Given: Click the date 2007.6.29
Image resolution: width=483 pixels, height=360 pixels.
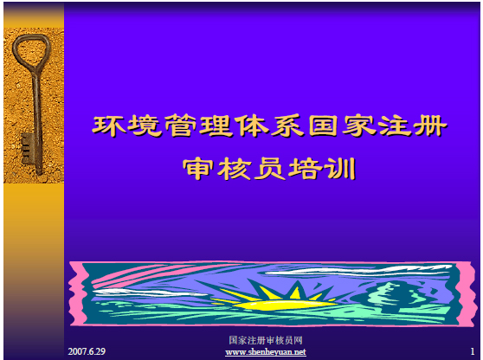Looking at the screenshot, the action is point(87,351).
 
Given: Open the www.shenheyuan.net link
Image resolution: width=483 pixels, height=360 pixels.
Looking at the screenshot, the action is point(266,352).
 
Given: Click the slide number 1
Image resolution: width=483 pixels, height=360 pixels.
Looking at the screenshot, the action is point(473,351).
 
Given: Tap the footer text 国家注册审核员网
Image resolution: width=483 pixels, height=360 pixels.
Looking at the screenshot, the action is point(266,340).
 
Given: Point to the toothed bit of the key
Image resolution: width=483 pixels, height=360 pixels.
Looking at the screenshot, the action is point(27,149).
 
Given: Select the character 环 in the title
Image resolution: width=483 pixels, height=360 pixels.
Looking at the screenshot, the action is point(109,125).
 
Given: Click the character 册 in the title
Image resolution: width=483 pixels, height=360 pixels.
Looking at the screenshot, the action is point(430,125).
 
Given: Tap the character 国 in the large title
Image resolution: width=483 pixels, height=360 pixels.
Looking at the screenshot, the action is point(323,125).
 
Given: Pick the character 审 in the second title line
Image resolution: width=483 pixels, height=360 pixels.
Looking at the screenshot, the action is point(197,169).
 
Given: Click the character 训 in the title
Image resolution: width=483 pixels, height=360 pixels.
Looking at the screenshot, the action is point(342,169).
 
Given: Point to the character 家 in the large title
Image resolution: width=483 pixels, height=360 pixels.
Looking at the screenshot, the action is point(359,125).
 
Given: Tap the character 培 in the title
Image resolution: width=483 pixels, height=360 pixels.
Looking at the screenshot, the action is point(306,169).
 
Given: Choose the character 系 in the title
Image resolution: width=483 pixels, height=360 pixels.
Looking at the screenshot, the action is point(287,125).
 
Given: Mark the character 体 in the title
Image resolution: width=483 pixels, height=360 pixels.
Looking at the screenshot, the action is point(252,125).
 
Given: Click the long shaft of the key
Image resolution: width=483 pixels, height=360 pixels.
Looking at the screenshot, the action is point(37,123).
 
